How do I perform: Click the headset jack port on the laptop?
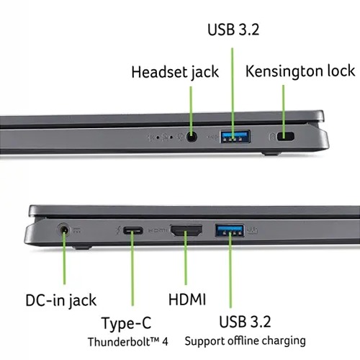[192, 138]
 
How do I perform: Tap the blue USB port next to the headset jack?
[235, 136]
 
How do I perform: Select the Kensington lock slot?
[285, 137]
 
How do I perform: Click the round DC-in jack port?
[64, 230]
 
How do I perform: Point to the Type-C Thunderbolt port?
[132, 231]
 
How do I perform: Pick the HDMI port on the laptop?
[186, 230]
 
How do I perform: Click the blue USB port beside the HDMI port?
[230, 230]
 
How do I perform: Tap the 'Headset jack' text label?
[175, 72]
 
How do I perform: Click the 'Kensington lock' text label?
[300, 71]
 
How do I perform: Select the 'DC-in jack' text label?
[61, 301]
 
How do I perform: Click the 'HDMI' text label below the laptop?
[187, 300]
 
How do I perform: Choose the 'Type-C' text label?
[127, 323]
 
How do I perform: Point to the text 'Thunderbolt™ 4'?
[128, 342]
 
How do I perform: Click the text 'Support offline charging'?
[245, 341]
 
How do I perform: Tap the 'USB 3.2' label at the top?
[233, 30]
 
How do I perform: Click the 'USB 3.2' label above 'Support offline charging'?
[245, 322]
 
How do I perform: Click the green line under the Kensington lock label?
[284, 112]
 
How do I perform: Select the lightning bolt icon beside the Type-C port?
[118, 231]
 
